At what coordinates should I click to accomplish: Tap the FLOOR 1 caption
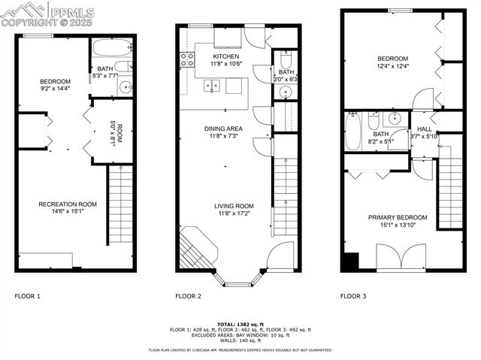coord(27,296)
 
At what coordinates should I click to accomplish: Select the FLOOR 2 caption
coord(188,296)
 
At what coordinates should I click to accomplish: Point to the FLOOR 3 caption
coord(353,296)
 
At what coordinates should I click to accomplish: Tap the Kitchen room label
coord(226,57)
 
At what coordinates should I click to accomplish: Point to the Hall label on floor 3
coord(425,129)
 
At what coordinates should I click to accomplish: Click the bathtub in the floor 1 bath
coord(112,50)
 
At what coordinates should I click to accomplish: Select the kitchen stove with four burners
coord(186,60)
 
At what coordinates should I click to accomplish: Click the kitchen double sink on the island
coord(213,86)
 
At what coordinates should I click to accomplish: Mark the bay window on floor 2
coord(240,283)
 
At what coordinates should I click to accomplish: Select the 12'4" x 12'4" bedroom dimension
coord(392,67)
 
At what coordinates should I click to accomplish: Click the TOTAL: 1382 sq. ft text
coord(240,322)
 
